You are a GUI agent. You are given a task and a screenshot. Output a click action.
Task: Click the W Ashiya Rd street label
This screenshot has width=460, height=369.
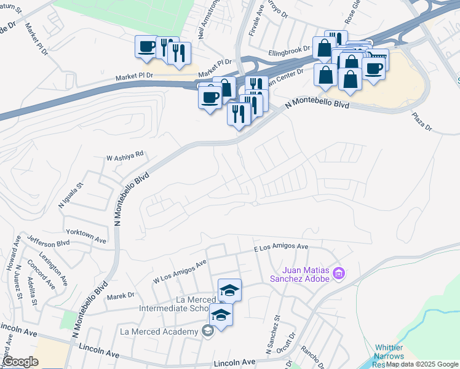(x=124, y=157)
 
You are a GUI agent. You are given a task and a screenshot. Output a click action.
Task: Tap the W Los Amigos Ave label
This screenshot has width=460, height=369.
(x=180, y=274)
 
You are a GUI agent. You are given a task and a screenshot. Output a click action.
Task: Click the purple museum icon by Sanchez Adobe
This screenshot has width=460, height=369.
(x=338, y=273)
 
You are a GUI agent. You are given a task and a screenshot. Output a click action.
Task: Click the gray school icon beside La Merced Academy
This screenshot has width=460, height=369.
(x=208, y=332)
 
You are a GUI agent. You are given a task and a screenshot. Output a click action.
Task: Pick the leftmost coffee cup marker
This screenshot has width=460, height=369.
(x=147, y=47)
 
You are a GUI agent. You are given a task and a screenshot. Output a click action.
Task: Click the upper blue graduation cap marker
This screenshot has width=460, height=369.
(x=229, y=290)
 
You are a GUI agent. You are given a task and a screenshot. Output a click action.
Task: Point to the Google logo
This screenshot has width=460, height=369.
(x=20, y=362)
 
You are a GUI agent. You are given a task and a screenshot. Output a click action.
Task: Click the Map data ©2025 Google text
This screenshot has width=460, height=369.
(x=422, y=364)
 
